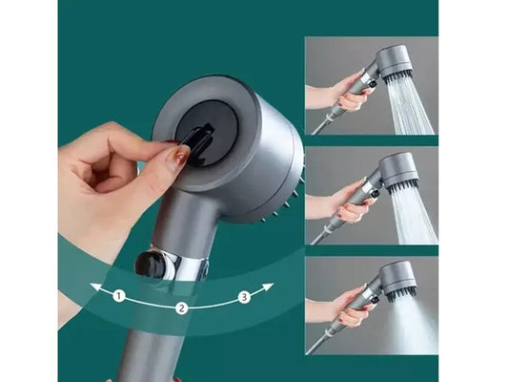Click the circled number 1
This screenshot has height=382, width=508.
[119, 296]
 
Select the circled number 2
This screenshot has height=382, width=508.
[182, 308]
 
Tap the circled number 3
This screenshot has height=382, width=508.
[244, 297]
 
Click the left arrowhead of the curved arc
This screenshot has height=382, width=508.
[95, 286]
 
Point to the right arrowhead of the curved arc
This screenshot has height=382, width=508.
[268, 287]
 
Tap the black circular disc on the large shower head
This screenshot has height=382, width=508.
[207, 134]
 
